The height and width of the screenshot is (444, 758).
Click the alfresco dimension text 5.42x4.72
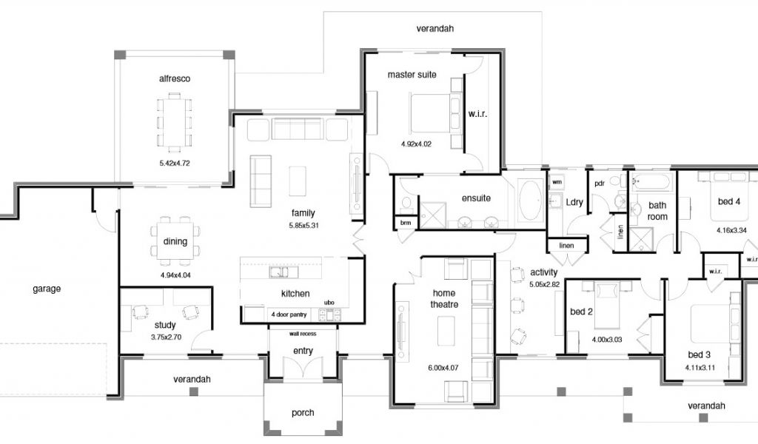pyautogui.click(x=175, y=164)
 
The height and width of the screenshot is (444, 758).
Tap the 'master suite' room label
pyautogui.click(x=412, y=75)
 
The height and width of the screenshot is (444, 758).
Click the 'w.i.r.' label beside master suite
pyautogui.click(x=477, y=115)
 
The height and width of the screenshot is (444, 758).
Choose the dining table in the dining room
pyautogui.click(x=175, y=240)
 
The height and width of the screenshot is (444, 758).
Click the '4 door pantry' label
pyautogui.click(x=289, y=314)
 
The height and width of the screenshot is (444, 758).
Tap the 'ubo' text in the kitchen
pyautogui.click(x=329, y=303)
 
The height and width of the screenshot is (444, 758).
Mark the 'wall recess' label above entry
pyautogui.click(x=303, y=334)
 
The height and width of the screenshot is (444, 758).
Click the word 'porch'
pyautogui.click(x=303, y=413)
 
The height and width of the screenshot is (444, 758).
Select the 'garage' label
pyautogui.click(x=47, y=289)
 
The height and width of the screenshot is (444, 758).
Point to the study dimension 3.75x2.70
pyautogui.click(x=166, y=337)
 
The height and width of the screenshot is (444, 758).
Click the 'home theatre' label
pyautogui.click(x=444, y=298)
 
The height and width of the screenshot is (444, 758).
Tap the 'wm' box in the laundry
pyautogui.click(x=557, y=182)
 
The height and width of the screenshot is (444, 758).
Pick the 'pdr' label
pyautogui.click(x=600, y=184)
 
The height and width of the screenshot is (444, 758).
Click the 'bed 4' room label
pyautogui.click(x=729, y=201)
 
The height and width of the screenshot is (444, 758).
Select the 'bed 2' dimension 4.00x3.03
pyautogui.click(x=607, y=340)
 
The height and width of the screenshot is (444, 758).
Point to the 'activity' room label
pyautogui.click(x=544, y=272)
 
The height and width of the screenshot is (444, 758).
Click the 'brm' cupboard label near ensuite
pyautogui.click(x=406, y=223)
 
